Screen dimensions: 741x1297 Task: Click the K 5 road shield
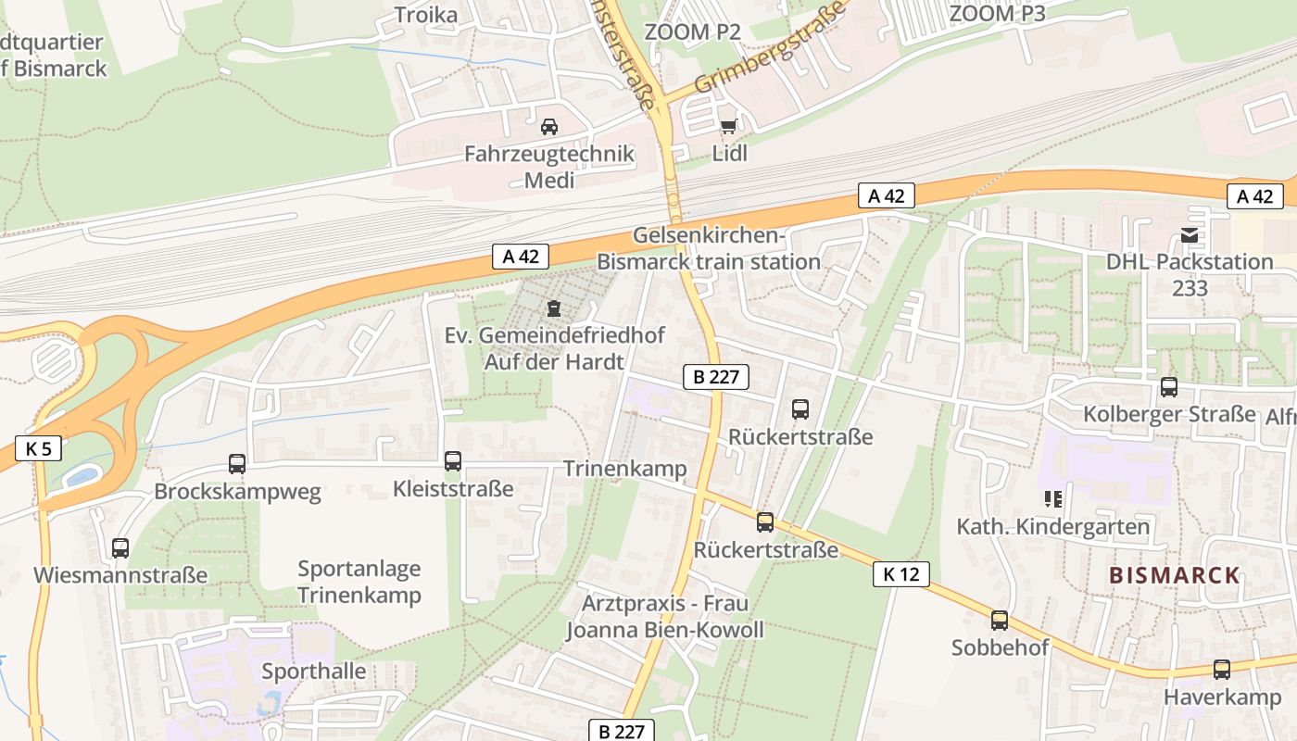tap(38, 449)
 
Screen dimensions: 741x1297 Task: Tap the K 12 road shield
tap(900, 574)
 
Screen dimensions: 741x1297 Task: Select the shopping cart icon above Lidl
tap(729, 125)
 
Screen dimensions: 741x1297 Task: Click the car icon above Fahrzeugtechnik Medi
tap(549, 126)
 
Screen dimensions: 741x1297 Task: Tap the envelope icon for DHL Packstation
tap(1190, 235)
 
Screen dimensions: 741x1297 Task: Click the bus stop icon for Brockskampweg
tap(237, 464)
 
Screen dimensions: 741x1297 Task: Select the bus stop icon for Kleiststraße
tap(453, 460)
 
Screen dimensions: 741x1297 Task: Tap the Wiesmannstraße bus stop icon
tap(120, 547)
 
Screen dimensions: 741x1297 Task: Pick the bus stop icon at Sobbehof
tap(1000, 620)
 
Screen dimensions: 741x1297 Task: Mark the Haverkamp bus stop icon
tap(1222, 670)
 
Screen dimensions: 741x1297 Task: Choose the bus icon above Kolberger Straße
tap(1169, 387)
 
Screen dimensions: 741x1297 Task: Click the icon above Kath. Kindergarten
tap(1052, 500)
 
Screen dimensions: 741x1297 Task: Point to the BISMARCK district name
tap(1175, 575)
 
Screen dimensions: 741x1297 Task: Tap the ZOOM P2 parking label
tap(693, 31)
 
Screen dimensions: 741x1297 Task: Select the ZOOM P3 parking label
tap(998, 14)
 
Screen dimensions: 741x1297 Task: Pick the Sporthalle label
tap(314, 671)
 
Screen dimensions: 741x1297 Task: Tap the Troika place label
tap(426, 15)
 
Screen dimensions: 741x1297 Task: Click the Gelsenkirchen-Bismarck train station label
tap(709, 248)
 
